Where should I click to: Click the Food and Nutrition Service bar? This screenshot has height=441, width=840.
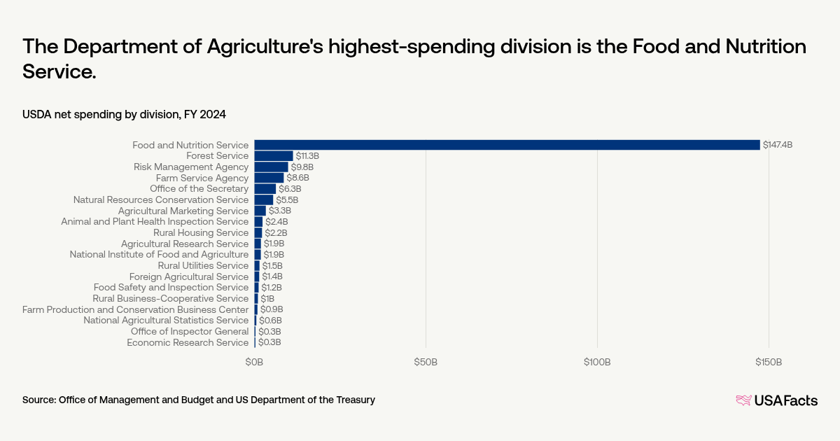(x=507, y=145)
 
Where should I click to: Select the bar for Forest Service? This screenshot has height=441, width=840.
(x=274, y=155)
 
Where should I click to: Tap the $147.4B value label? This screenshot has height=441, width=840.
(x=778, y=145)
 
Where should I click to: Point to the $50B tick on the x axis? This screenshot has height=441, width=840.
(x=426, y=362)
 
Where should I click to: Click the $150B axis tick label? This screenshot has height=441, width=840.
(x=769, y=362)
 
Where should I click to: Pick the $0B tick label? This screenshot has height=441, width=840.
(x=254, y=362)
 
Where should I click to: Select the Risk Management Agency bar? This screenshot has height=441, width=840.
(x=271, y=167)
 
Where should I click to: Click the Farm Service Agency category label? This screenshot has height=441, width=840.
(x=202, y=178)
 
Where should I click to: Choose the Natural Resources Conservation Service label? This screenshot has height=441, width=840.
(x=161, y=199)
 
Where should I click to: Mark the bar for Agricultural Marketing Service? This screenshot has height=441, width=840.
(x=260, y=211)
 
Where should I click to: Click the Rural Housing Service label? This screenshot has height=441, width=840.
(x=201, y=232)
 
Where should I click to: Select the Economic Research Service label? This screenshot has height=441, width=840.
(x=188, y=342)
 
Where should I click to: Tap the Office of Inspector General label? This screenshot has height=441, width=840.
(x=190, y=331)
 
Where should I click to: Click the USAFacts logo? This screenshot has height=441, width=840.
(x=776, y=400)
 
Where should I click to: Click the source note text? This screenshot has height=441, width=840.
(x=199, y=400)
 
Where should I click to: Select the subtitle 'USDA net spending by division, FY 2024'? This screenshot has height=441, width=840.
(x=124, y=113)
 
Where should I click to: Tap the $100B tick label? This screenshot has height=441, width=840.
(x=597, y=362)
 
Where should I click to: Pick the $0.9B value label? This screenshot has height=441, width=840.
(x=272, y=309)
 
